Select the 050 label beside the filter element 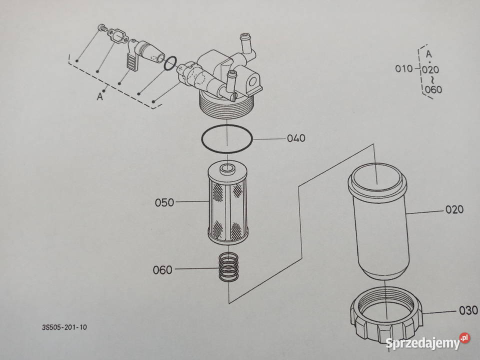(164, 203)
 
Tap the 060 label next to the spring (162, 270)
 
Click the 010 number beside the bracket (404, 69)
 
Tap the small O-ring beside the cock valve (170, 63)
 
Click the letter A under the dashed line (100, 97)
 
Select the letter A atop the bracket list (428, 53)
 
